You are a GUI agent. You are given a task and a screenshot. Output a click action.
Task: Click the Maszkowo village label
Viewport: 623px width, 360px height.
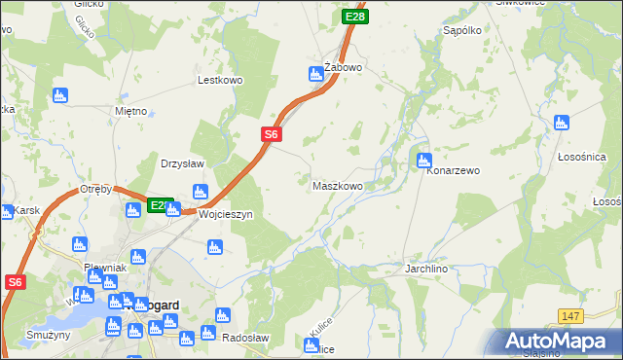pyautogui.click(x=338, y=185)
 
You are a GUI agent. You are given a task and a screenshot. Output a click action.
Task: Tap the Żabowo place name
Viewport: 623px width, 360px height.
pyautogui.click(x=344, y=67)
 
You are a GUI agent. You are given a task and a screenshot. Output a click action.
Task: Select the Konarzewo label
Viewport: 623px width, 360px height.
pyautogui.click(x=454, y=170)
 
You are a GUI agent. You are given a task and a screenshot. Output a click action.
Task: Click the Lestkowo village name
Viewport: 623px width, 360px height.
pyautogui.click(x=218, y=81)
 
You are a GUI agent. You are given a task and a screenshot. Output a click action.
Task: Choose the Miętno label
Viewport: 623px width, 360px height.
pyautogui.click(x=130, y=111)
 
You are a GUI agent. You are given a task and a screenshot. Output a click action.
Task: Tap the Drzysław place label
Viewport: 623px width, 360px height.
pyautogui.click(x=182, y=163)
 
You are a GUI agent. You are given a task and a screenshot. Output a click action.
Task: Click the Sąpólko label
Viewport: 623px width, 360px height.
pyautogui.click(x=463, y=31)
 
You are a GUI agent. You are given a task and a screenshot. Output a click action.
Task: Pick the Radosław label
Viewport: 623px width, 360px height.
pyautogui.click(x=245, y=337)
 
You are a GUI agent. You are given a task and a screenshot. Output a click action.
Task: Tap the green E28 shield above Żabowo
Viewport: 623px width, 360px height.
pyautogui.click(x=355, y=17)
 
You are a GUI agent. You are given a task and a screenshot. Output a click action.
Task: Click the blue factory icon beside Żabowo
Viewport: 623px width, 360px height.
pyautogui.click(x=315, y=73)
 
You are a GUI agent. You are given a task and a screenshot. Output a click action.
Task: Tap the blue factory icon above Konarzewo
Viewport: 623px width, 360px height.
pyautogui.click(x=423, y=160)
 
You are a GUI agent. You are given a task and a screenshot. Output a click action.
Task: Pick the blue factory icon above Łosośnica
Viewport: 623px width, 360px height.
pyautogui.click(x=561, y=123)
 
